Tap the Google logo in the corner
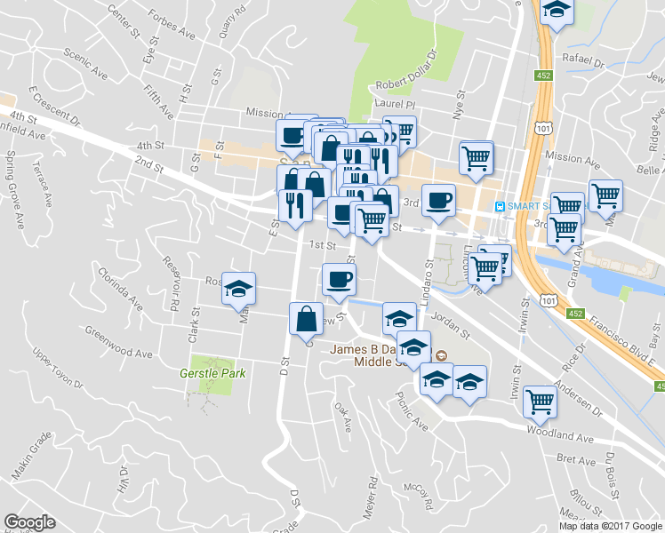tap(29, 522)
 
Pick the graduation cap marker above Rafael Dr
tap(557, 11)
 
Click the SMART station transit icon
tap(501, 205)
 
